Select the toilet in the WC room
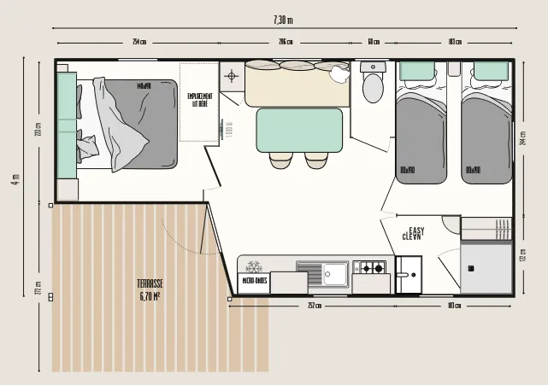pos(374,87)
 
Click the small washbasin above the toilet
pos(374,67)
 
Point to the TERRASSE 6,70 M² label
pos(150,290)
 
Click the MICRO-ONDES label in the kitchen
pos(254,280)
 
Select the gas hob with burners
pos(371,268)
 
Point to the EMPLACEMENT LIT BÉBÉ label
pos(200,100)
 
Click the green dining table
pos(298,130)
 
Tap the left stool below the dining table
pos(280,160)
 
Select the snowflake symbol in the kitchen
pos(253,266)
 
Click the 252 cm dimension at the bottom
pos(314,306)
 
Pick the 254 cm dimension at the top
pos(138,42)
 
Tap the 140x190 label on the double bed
pos(144,85)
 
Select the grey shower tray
pos(484,267)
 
